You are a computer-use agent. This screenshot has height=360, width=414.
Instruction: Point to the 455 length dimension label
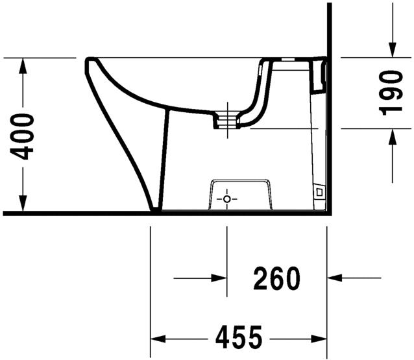[238, 337]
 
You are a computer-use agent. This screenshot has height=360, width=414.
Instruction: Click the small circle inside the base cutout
[226, 198]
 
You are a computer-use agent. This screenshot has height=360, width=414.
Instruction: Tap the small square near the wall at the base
[319, 192]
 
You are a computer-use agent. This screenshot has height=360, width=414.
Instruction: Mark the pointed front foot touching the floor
[154, 209]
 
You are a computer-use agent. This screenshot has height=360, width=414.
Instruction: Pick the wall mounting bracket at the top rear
[320, 75]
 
